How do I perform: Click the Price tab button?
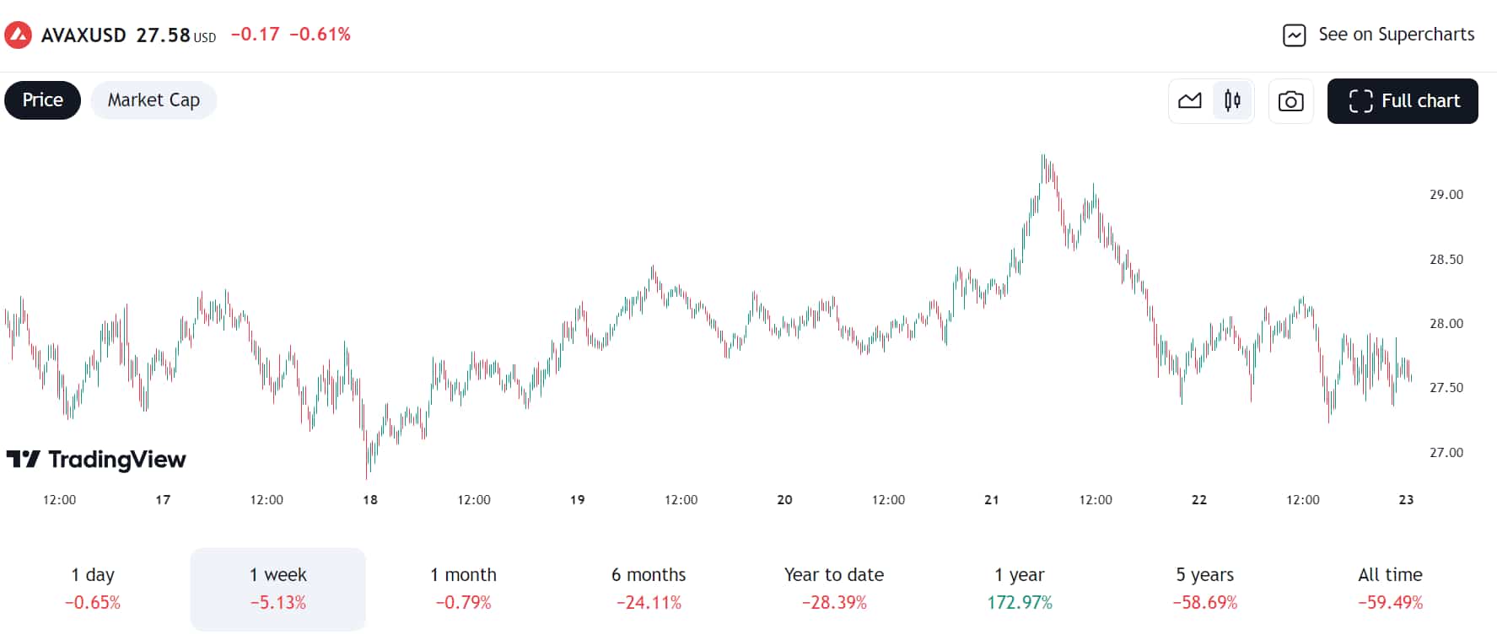[42, 100]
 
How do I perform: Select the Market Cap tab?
[153, 100]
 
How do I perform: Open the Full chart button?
[1402, 101]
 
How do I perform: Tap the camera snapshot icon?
[1290, 101]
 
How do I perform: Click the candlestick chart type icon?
[1232, 101]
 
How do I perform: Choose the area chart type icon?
[1190, 101]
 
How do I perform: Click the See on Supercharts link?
[1378, 35]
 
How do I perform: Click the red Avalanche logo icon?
[18, 35]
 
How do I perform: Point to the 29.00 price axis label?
[1446, 195]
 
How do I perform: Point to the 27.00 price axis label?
[1446, 453]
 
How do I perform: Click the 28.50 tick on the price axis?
[1446, 260]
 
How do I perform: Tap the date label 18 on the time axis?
[370, 500]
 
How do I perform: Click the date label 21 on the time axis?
[992, 500]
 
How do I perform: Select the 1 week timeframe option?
[277, 589]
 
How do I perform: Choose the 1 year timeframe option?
[1019, 589]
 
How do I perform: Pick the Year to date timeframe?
[833, 589]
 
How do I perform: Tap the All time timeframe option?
[1390, 589]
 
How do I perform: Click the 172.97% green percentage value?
[1020, 603]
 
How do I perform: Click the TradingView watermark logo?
[96, 460]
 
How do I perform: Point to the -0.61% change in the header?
[320, 35]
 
